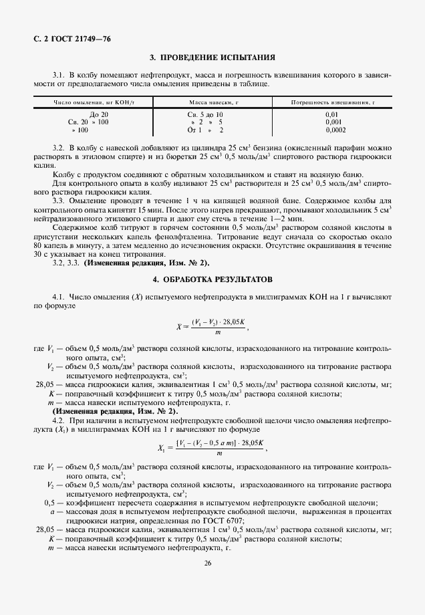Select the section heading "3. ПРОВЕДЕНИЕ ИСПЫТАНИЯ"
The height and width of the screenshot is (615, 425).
(212, 58)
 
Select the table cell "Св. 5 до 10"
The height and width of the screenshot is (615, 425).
(206, 115)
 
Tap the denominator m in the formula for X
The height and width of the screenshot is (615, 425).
(218, 332)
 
